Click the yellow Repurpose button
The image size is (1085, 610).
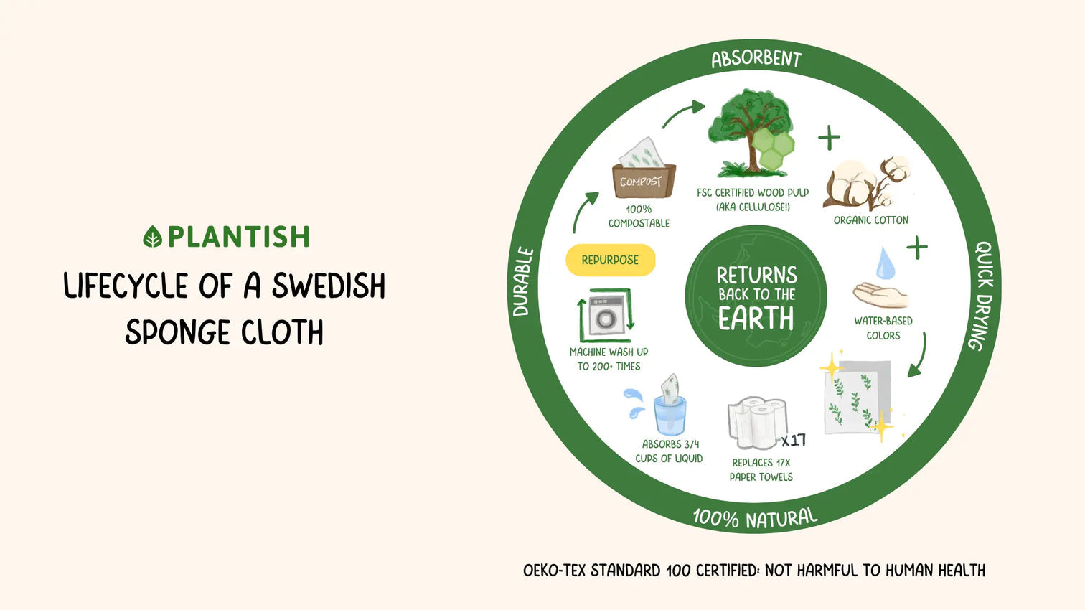(x=610, y=261)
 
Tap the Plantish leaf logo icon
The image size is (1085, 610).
(x=153, y=236)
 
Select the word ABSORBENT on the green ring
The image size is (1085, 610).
(x=756, y=59)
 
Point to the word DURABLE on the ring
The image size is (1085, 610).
(x=523, y=281)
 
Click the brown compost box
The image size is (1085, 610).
(x=644, y=181)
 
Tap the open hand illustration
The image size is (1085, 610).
(x=880, y=295)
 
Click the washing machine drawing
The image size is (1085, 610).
(x=606, y=316)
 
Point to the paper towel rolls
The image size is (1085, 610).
(x=757, y=423)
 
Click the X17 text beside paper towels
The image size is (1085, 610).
(x=794, y=440)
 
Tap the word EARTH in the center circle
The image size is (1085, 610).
(x=756, y=318)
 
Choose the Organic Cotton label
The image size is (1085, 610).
(x=871, y=220)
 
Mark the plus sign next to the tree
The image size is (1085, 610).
(x=830, y=138)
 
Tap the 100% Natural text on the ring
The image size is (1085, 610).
(x=756, y=518)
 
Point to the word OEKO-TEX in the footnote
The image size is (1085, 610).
(x=555, y=571)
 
